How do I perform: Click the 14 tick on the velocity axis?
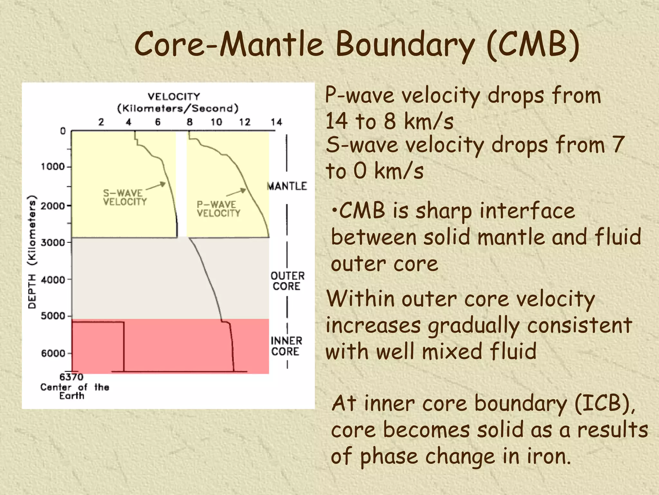point(276,122)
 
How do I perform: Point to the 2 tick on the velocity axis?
point(101,122)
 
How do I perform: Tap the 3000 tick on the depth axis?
point(53,242)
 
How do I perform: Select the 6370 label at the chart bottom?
point(71,377)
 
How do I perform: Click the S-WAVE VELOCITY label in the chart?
point(125,197)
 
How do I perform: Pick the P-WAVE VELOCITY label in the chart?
point(218,209)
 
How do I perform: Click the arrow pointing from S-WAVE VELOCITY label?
point(156,186)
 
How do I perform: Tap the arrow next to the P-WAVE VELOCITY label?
point(236,192)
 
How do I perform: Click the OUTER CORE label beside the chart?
point(287,281)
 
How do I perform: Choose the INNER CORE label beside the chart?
point(286,346)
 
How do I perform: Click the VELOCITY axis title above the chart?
point(174,97)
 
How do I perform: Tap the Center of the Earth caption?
point(75,391)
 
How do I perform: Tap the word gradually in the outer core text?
point(474,325)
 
